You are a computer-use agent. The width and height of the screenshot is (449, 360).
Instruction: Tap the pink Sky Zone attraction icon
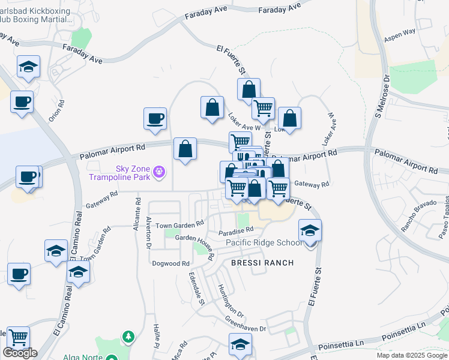pos(158,173)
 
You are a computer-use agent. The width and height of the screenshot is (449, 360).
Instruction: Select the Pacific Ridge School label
pos(264,242)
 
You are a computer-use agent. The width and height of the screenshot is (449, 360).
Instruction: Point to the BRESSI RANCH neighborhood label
pos(263,263)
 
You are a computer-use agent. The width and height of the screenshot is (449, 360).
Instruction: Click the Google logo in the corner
pos(20,353)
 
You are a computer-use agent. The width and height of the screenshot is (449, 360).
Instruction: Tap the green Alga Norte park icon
pos(128,337)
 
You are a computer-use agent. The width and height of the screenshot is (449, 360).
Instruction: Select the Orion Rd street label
pos(56,110)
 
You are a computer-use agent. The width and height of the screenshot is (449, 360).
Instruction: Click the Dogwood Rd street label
pos(174,263)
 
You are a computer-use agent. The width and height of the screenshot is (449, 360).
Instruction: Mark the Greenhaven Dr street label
pos(246,324)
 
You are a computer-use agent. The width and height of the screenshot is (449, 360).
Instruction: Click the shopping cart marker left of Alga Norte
pos(19,338)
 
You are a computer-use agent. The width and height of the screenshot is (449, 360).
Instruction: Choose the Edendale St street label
pos(197,289)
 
